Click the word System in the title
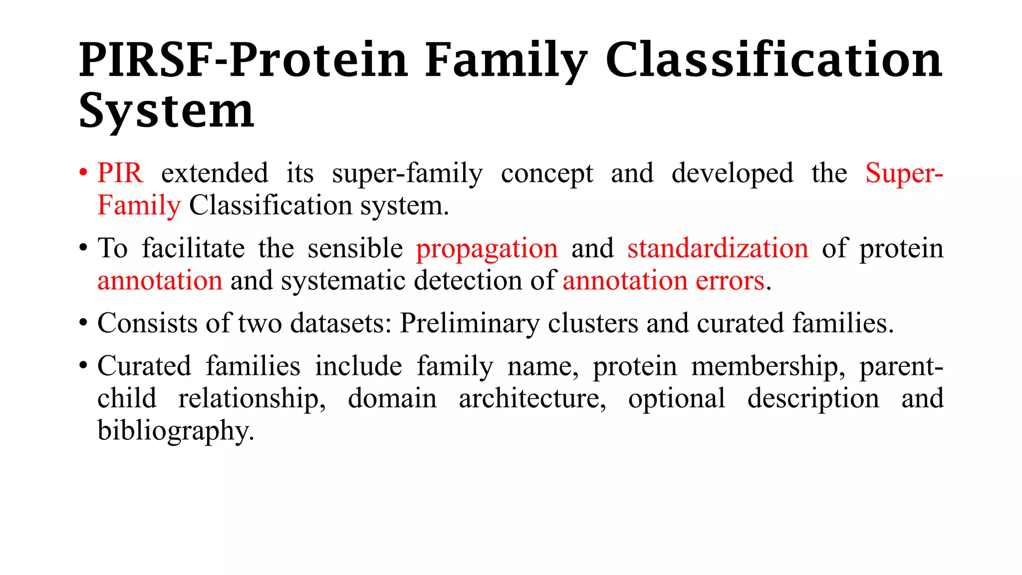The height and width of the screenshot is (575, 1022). (x=167, y=111)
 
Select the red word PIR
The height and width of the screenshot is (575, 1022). (x=120, y=173)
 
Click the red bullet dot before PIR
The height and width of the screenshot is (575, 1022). (x=83, y=174)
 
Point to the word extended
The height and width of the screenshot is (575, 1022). (x=215, y=173)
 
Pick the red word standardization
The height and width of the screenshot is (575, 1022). (x=718, y=248)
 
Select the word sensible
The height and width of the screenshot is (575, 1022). (x=355, y=248)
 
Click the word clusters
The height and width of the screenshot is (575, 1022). (x=593, y=323)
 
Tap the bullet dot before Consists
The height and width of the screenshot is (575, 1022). (x=83, y=323)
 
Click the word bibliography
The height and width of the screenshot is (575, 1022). (x=176, y=431)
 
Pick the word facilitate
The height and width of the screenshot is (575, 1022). (x=193, y=248)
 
